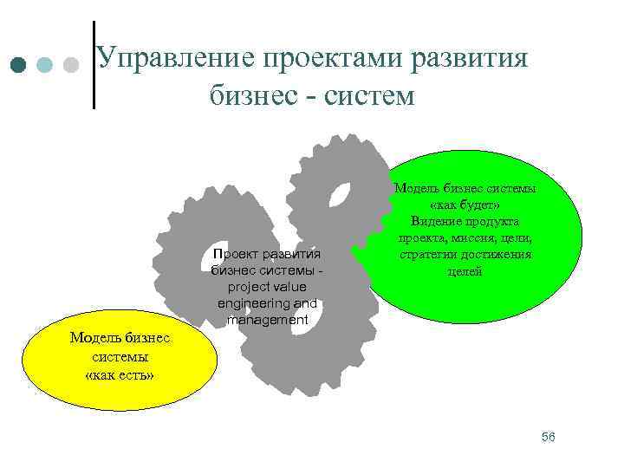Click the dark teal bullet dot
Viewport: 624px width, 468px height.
(19, 65)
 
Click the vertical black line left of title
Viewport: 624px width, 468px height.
(93, 65)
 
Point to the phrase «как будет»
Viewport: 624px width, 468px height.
(465, 205)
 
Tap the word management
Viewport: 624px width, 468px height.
(266, 320)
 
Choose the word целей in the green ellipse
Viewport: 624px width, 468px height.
(465, 271)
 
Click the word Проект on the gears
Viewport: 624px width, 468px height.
(238, 254)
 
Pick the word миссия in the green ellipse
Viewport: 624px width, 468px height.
(471, 238)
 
